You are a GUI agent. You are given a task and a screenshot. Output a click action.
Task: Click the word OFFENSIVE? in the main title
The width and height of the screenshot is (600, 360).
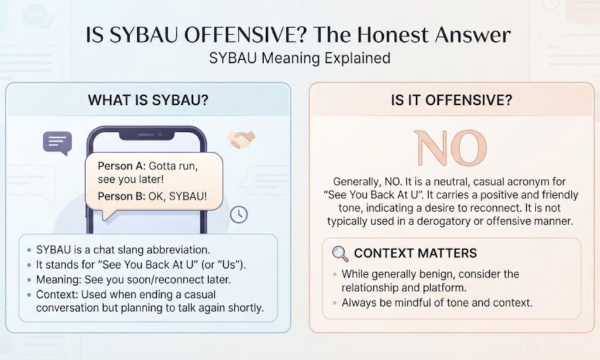point(246,35)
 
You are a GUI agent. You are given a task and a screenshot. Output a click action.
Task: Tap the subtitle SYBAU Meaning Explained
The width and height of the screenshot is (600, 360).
point(299,58)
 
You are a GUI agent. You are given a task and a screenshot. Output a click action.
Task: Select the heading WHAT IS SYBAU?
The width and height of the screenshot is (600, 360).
point(148,100)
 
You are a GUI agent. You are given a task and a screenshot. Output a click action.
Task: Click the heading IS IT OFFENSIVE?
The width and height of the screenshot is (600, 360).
point(451,100)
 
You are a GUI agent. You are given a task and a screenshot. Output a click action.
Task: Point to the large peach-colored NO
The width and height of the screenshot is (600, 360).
point(451,148)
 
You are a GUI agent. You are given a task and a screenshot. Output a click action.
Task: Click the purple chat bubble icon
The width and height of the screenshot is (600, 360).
point(57,143)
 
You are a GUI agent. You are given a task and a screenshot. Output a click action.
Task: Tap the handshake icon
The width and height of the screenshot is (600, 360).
point(241,140)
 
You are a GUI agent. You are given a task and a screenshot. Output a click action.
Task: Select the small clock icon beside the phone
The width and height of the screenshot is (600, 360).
point(239,215)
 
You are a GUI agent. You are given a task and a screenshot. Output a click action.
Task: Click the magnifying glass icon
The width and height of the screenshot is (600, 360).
point(340,253)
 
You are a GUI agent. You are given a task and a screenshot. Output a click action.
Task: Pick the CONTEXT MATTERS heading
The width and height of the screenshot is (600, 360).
point(415,253)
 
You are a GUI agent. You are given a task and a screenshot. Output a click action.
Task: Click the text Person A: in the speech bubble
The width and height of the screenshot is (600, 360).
point(121,166)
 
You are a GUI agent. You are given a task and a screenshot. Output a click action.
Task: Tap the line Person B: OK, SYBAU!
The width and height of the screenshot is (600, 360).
point(152,196)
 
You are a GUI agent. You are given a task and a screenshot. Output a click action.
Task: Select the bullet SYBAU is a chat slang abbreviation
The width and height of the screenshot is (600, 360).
point(123,250)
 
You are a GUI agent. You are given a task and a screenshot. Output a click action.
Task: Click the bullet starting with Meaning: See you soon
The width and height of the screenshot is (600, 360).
point(134,280)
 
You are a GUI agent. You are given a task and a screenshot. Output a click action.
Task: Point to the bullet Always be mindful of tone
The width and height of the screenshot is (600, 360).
point(437,303)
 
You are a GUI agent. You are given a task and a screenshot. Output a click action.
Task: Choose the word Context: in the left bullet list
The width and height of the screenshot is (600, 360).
point(57,294)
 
